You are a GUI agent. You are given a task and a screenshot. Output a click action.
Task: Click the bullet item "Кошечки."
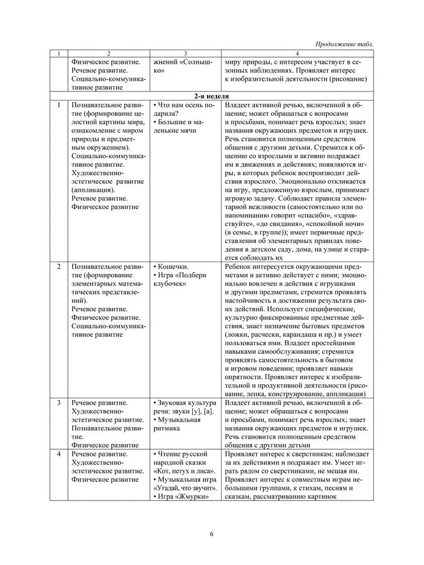tap(173, 267)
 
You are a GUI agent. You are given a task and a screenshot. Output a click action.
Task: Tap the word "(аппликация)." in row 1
tap(93, 190)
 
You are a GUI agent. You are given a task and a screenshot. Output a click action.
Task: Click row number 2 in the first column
tap(59, 267)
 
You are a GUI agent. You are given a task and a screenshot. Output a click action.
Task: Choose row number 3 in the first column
tap(59, 403)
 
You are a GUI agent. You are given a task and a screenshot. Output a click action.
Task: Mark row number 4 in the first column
tap(59, 454)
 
